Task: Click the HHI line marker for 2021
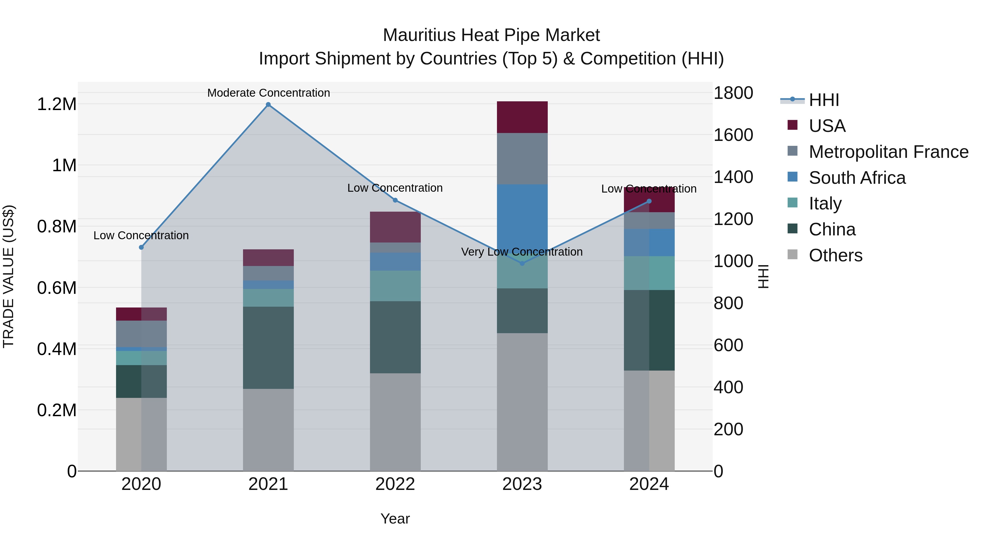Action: pos(268,105)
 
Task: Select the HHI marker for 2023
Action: pos(522,263)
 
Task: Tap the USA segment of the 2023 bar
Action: pos(522,117)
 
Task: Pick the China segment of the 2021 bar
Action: pos(268,348)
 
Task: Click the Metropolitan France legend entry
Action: pos(888,152)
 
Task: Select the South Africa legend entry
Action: pos(857,178)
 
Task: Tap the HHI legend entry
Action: pos(824,100)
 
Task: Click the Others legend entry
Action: pos(835,255)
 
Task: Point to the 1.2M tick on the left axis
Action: pos(57,104)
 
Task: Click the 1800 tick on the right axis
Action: pos(733,93)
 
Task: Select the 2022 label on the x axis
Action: pos(395,484)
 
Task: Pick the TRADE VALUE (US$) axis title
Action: pos(8,276)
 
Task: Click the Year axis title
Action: pos(395,519)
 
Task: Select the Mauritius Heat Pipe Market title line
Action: pos(491,35)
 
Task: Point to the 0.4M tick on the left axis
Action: pos(57,349)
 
